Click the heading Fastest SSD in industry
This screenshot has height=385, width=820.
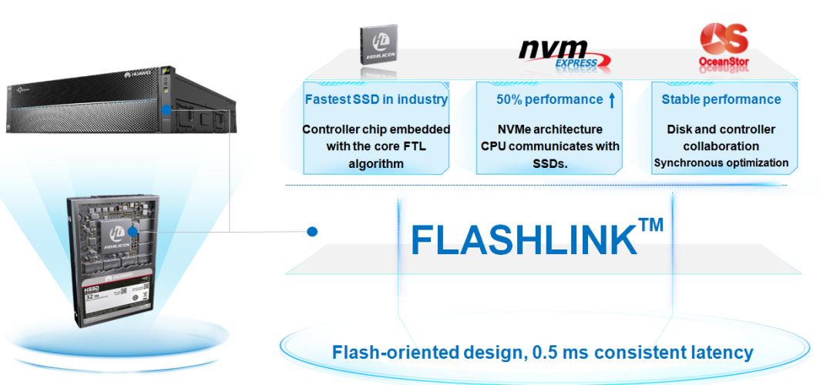(x=376, y=99)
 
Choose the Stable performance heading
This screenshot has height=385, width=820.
(x=721, y=99)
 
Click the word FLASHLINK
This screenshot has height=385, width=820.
(x=519, y=239)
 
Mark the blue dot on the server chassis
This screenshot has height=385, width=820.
(x=166, y=111)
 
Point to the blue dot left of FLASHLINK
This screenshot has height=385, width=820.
(x=312, y=231)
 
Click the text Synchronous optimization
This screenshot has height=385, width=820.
(x=721, y=162)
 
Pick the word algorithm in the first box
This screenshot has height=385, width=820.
(x=376, y=163)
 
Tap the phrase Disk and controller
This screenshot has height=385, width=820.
(x=721, y=129)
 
